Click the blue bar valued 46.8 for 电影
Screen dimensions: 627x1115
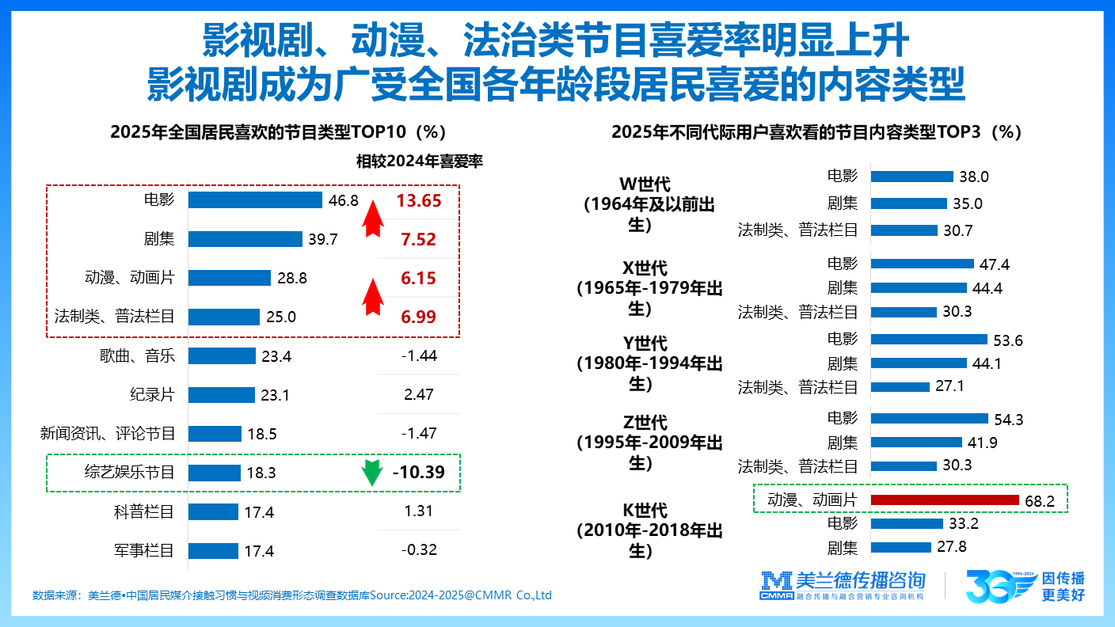(x=255, y=200)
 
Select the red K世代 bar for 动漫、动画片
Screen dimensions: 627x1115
(x=944, y=500)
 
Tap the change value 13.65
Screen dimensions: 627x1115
(x=419, y=200)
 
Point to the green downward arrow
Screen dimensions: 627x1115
(x=367, y=473)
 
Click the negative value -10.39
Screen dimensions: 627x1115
(x=419, y=473)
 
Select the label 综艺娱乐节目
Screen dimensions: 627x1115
(x=129, y=473)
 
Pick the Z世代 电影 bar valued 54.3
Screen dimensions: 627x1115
(x=930, y=418)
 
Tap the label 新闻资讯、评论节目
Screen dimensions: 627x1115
(x=108, y=434)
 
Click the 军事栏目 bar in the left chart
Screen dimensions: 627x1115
(x=213, y=550)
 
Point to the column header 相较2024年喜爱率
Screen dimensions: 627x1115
(x=419, y=161)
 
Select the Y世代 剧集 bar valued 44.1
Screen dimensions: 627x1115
(x=919, y=363)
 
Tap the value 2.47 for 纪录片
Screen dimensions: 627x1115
(x=418, y=394)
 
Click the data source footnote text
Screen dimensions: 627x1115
(x=291, y=595)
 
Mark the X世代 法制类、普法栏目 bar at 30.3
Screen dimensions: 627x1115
(x=904, y=311)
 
